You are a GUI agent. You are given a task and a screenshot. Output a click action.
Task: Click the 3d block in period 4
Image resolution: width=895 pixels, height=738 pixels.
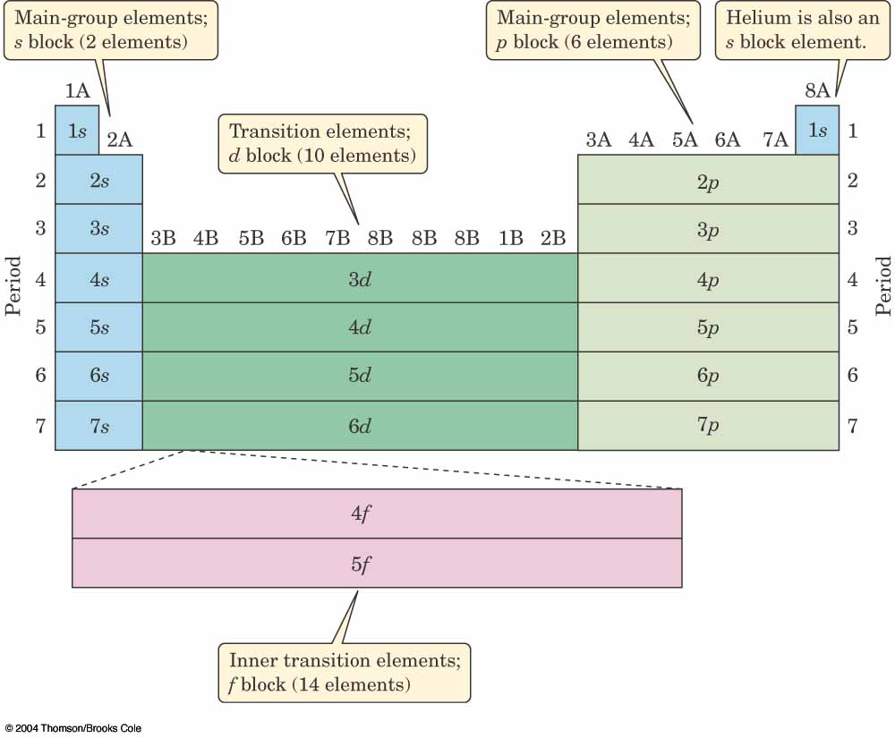coord(360,278)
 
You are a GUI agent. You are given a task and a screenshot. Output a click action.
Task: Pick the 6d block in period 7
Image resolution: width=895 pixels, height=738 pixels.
coord(360,426)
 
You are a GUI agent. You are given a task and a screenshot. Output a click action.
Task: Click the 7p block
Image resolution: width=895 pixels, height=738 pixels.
coord(708,426)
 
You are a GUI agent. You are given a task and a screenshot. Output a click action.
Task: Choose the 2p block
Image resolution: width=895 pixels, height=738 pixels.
coord(708,180)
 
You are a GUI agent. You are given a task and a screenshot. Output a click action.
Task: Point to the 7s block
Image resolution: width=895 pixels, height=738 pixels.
coord(98,426)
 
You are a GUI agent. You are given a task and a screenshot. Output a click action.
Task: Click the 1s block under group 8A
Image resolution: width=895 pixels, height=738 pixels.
coord(817,131)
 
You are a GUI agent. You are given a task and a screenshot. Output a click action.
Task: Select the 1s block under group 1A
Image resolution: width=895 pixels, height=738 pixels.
coord(77,131)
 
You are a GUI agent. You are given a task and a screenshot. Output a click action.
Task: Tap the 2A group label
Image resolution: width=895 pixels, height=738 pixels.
coord(120,140)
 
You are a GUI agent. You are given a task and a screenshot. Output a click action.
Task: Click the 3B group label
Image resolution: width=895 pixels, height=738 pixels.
coord(163,239)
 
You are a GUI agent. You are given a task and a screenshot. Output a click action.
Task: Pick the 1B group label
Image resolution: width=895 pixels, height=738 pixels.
coord(510,239)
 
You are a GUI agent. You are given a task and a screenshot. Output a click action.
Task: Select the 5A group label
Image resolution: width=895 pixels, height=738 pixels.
coord(685,140)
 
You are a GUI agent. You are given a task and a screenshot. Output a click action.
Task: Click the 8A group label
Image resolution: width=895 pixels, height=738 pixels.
coord(817,90)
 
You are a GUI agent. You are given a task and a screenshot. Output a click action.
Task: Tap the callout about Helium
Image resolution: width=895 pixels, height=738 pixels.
coord(790,30)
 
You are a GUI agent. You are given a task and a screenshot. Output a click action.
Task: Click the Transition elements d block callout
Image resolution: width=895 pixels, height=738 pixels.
coord(322,143)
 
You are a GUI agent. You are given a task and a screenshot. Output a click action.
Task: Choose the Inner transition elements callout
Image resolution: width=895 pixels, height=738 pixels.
coord(345,673)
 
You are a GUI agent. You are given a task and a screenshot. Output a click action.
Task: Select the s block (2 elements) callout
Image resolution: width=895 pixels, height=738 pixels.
coord(111,30)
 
